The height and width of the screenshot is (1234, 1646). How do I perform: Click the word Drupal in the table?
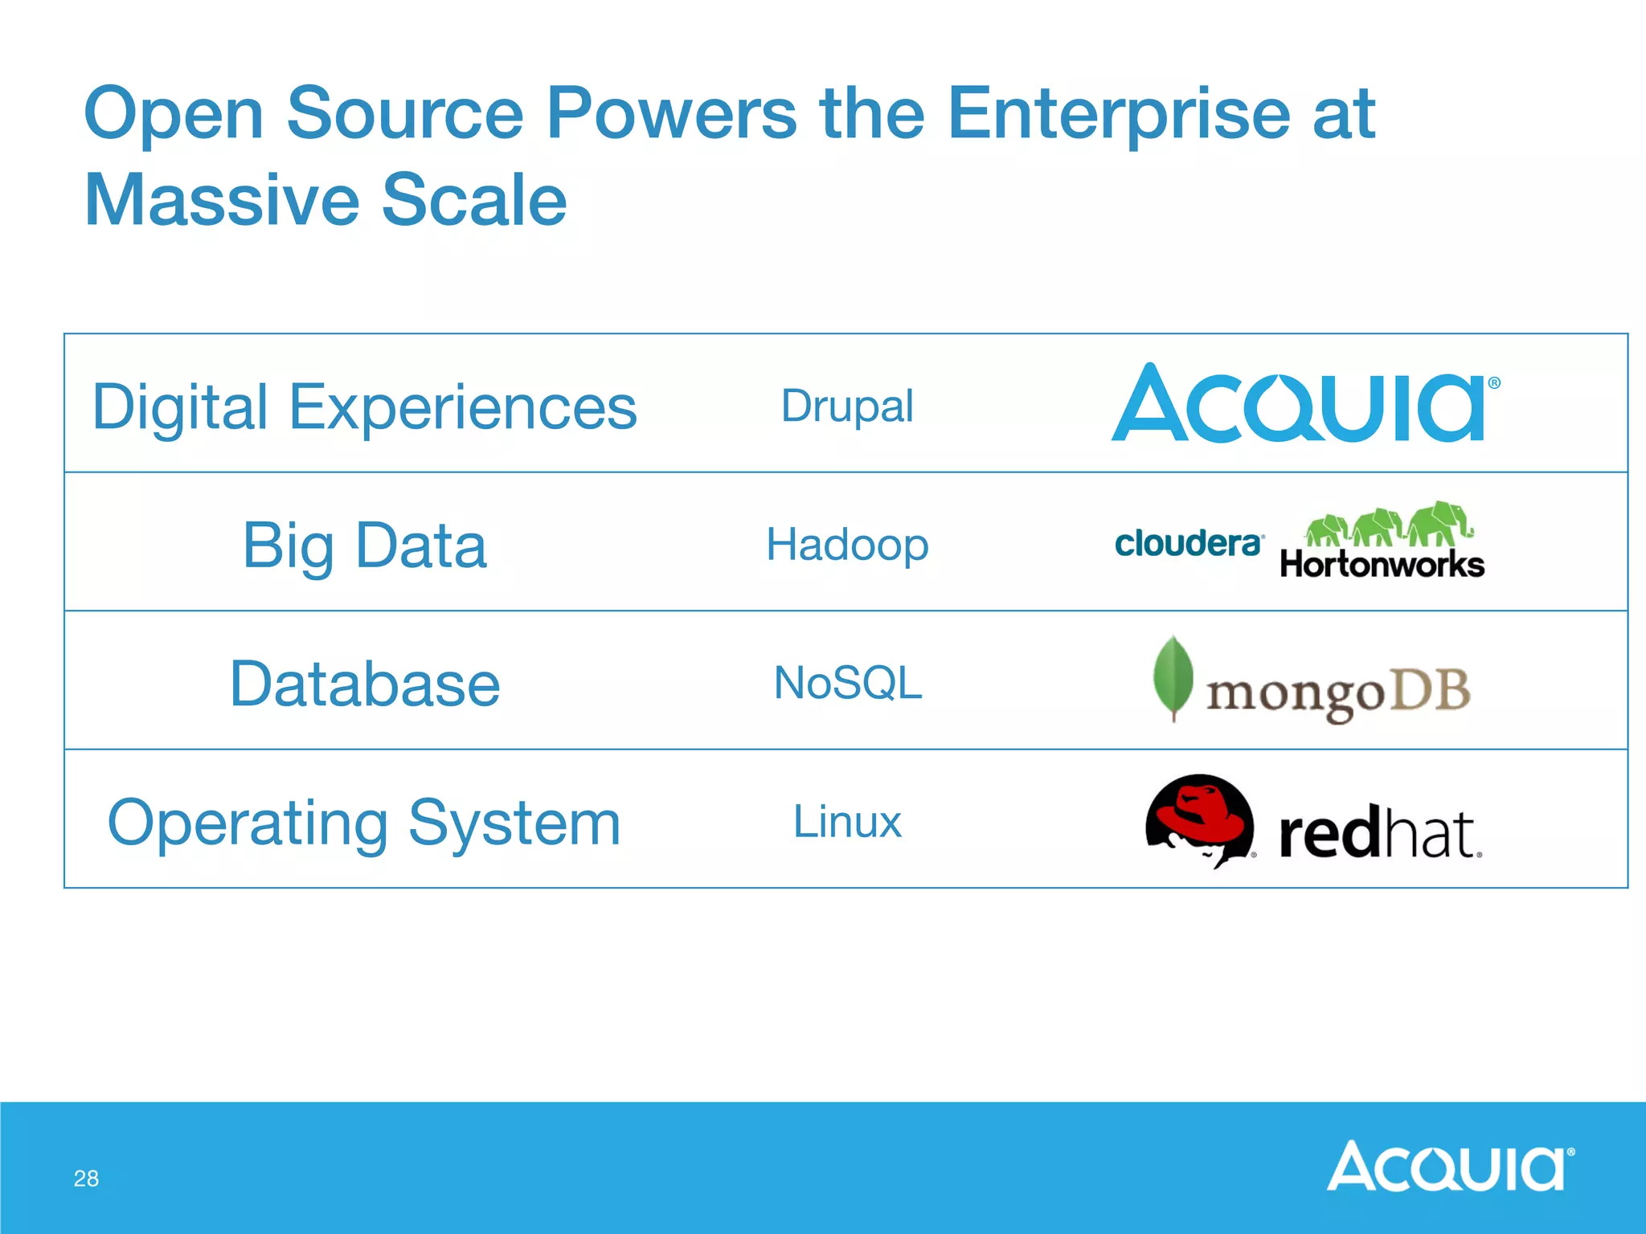tap(847, 406)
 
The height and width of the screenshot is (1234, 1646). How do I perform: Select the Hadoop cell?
tap(847, 545)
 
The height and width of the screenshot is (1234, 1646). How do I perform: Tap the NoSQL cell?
tap(847, 683)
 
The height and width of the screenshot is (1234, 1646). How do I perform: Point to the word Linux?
tap(847, 822)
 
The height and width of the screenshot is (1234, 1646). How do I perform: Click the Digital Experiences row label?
tap(364, 407)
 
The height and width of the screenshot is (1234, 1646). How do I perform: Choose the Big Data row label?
tap(364, 545)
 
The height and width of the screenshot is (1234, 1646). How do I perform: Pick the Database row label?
tap(364, 684)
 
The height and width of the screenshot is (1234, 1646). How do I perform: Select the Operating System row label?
tap(364, 823)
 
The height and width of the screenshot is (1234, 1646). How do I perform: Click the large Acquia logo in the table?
tap(1302, 404)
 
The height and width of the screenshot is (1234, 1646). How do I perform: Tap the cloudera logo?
tap(1188, 544)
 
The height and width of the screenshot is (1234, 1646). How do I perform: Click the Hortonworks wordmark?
tap(1382, 564)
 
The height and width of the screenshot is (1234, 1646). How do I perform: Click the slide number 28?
tap(86, 1179)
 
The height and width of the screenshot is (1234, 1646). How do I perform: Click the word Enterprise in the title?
tap(1117, 114)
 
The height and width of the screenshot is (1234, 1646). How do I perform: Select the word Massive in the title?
tap(220, 200)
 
